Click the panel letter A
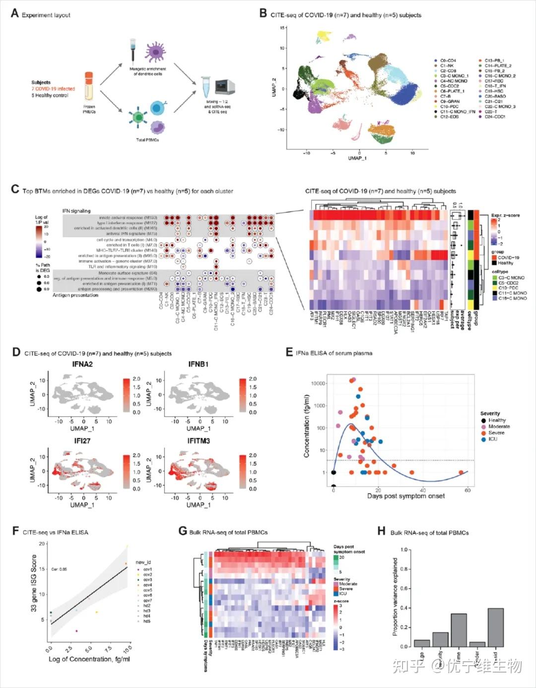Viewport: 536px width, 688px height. pyautogui.click(x=15, y=13)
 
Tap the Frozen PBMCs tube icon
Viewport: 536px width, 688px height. pyautogui.click(x=89, y=86)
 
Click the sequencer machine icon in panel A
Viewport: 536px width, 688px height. pyautogui.click(x=224, y=86)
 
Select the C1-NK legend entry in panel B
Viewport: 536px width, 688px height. pyautogui.click(x=447, y=65)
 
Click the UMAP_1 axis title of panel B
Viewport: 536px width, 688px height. pyautogui.click(x=357, y=158)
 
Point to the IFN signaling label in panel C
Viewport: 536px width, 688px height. pyautogui.click(x=76, y=211)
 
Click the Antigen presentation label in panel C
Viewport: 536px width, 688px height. pyautogui.click(x=75, y=295)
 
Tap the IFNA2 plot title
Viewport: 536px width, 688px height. pyautogui.click(x=82, y=364)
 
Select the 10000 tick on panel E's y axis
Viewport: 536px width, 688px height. pyautogui.click(x=318, y=383)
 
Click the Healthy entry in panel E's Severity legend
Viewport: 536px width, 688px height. pyautogui.click(x=497, y=420)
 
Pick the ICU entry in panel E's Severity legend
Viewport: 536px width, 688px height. pyautogui.click(x=492, y=439)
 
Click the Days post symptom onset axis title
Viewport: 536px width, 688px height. pyautogui.click(x=405, y=496)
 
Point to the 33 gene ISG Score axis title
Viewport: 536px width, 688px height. pyautogui.click(x=34, y=583)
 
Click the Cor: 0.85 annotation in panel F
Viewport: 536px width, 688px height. pyautogui.click(x=59, y=569)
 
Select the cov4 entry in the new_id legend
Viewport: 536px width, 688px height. pyautogui.click(x=147, y=585)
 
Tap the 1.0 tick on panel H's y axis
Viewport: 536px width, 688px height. pyautogui.click(x=404, y=550)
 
